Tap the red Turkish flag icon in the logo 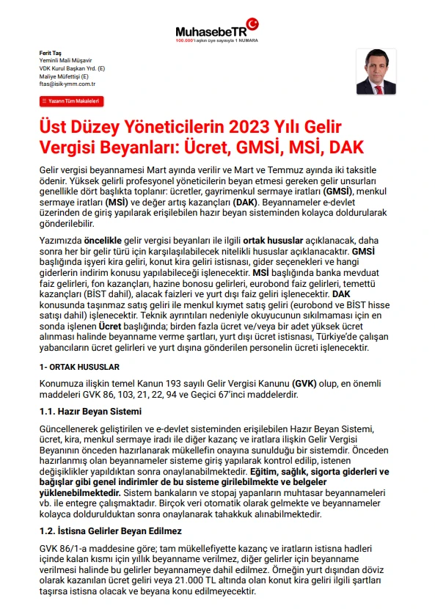tap(252, 24)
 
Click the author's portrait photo tap(375, 71)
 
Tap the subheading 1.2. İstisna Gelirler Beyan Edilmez tap(111, 530)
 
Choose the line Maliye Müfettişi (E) tap(64, 76)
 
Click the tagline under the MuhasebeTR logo tap(212, 41)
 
